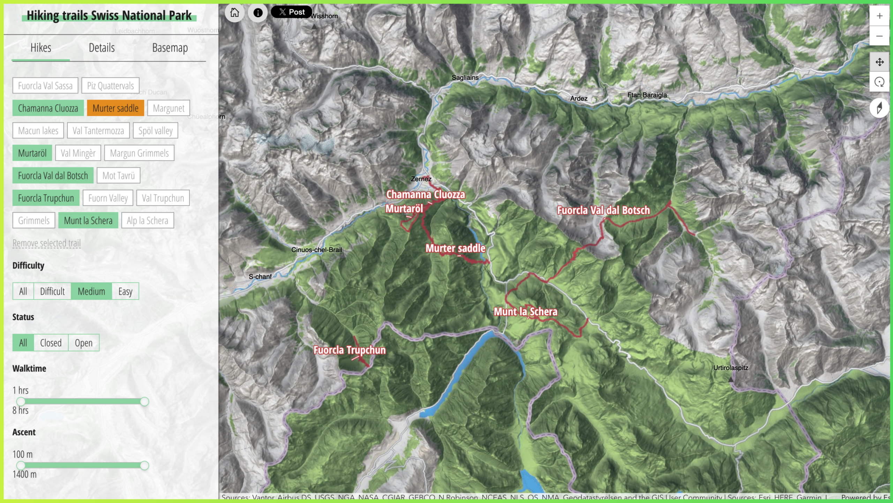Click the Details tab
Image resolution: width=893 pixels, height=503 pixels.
click(102, 48)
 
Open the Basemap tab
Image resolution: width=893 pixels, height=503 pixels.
click(170, 48)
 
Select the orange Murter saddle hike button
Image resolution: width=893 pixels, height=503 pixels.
click(115, 108)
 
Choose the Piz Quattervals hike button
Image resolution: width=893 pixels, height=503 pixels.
click(110, 86)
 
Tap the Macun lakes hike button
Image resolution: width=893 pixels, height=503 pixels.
click(38, 131)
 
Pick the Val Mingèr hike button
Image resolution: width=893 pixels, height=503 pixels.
click(78, 153)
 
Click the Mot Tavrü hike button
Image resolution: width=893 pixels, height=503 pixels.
click(118, 175)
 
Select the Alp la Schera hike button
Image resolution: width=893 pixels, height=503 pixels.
click(147, 220)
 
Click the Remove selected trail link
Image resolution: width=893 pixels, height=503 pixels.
click(46, 243)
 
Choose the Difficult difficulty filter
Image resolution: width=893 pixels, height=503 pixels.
click(52, 291)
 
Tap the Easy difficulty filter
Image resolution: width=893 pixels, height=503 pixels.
click(125, 291)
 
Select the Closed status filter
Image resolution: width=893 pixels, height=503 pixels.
click(51, 343)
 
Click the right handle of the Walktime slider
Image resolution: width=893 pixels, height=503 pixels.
click(144, 401)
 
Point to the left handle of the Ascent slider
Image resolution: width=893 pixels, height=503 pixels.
click(21, 465)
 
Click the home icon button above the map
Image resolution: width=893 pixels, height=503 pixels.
click(234, 13)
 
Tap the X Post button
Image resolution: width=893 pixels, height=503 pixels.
click(291, 12)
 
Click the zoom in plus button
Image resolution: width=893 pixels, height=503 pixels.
click(879, 16)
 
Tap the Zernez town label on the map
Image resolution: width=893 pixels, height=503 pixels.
click(421, 179)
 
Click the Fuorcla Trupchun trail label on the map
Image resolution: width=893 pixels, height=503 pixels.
click(350, 350)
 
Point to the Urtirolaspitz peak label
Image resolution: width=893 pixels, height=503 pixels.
click(730, 368)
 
